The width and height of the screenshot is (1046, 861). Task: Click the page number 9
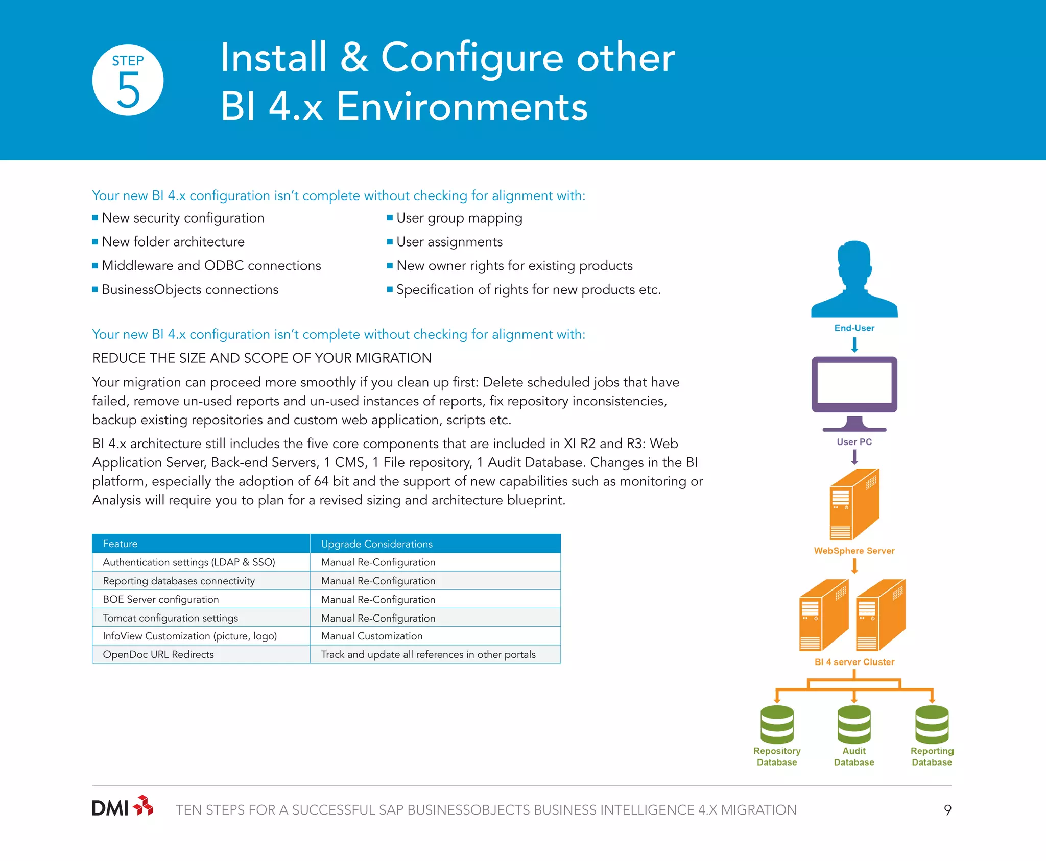click(x=947, y=810)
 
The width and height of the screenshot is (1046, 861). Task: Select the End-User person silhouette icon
click(x=854, y=280)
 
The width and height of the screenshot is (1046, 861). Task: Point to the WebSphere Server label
click(x=854, y=551)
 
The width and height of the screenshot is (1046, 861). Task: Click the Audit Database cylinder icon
click(x=854, y=724)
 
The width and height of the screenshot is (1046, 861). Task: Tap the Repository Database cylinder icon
click(x=777, y=724)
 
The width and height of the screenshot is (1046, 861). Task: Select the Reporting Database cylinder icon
click(x=932, y=724)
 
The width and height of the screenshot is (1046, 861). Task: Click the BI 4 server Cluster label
click(x=854, y=662)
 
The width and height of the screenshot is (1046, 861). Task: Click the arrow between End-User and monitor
click(x=854, y=346)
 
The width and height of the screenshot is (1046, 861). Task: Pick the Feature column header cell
click(x=201, y=544)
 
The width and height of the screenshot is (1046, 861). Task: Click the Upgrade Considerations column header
click(x=435, y=544)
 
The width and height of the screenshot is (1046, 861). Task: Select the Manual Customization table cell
click(x=372, y=636)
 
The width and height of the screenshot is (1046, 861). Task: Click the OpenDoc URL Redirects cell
click(x=158, y=654)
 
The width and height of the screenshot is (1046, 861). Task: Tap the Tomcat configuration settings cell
click(x=170, y=618)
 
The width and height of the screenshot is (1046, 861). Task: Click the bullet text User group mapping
click(x=459, y=218)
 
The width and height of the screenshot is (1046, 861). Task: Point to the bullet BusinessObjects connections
click(x=190, y=289)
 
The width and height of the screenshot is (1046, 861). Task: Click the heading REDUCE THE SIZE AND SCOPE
click(x=261, y=358)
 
